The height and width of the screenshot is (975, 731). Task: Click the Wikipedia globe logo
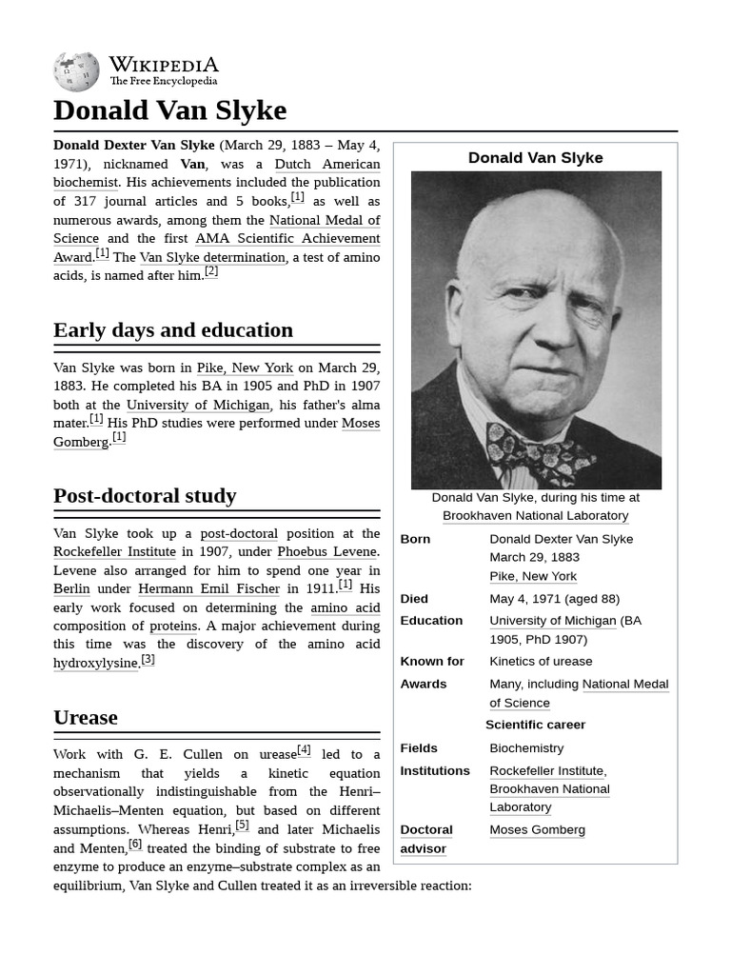coord(76,71)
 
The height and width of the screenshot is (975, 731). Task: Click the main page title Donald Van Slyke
coord(169,110)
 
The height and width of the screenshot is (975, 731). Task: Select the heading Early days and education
coord(172,330)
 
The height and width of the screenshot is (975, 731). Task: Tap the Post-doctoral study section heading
coord(144,496)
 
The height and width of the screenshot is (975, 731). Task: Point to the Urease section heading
coord(86,718)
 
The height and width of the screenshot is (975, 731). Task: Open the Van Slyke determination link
coord(212,257)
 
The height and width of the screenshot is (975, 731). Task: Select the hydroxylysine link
coord(95,663)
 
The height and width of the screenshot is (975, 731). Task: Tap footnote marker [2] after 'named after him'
coord(211,271)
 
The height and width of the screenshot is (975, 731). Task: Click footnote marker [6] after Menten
coord(135,844)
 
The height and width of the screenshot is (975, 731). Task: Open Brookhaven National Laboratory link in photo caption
coord(535,515)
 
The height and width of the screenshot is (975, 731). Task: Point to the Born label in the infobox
coord(415,539)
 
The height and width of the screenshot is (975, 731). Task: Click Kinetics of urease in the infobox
coord(541,661)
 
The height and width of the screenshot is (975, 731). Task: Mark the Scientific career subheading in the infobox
coord(535,725)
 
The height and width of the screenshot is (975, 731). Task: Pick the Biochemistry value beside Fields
coord(526,748)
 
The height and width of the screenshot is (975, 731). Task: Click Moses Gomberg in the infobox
coord(537,830)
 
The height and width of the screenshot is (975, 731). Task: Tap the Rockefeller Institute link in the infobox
coord(546,770)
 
